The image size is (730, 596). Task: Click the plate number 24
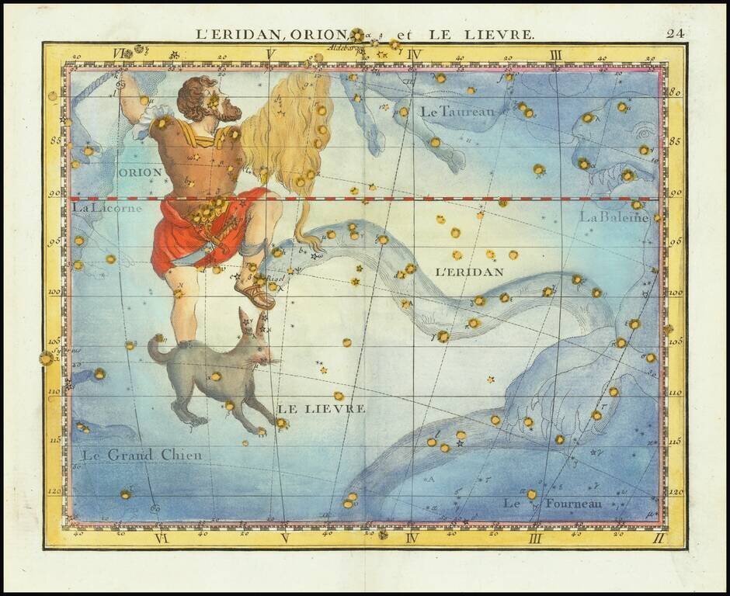(674, 33)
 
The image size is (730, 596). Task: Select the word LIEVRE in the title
(500, 34)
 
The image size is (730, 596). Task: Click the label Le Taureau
(457, 112)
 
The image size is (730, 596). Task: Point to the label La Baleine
(614, 217)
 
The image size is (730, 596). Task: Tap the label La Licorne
(107, 208)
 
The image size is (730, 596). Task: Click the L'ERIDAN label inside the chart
(470, 272)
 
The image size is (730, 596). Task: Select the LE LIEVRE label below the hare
(321, 408)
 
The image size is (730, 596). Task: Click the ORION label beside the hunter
(141, 172)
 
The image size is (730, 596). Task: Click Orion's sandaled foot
(256, 296)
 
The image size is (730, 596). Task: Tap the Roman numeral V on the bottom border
(284, 538)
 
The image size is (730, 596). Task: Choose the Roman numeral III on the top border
(555, 54)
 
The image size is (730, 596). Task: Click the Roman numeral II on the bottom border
(659, 537)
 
